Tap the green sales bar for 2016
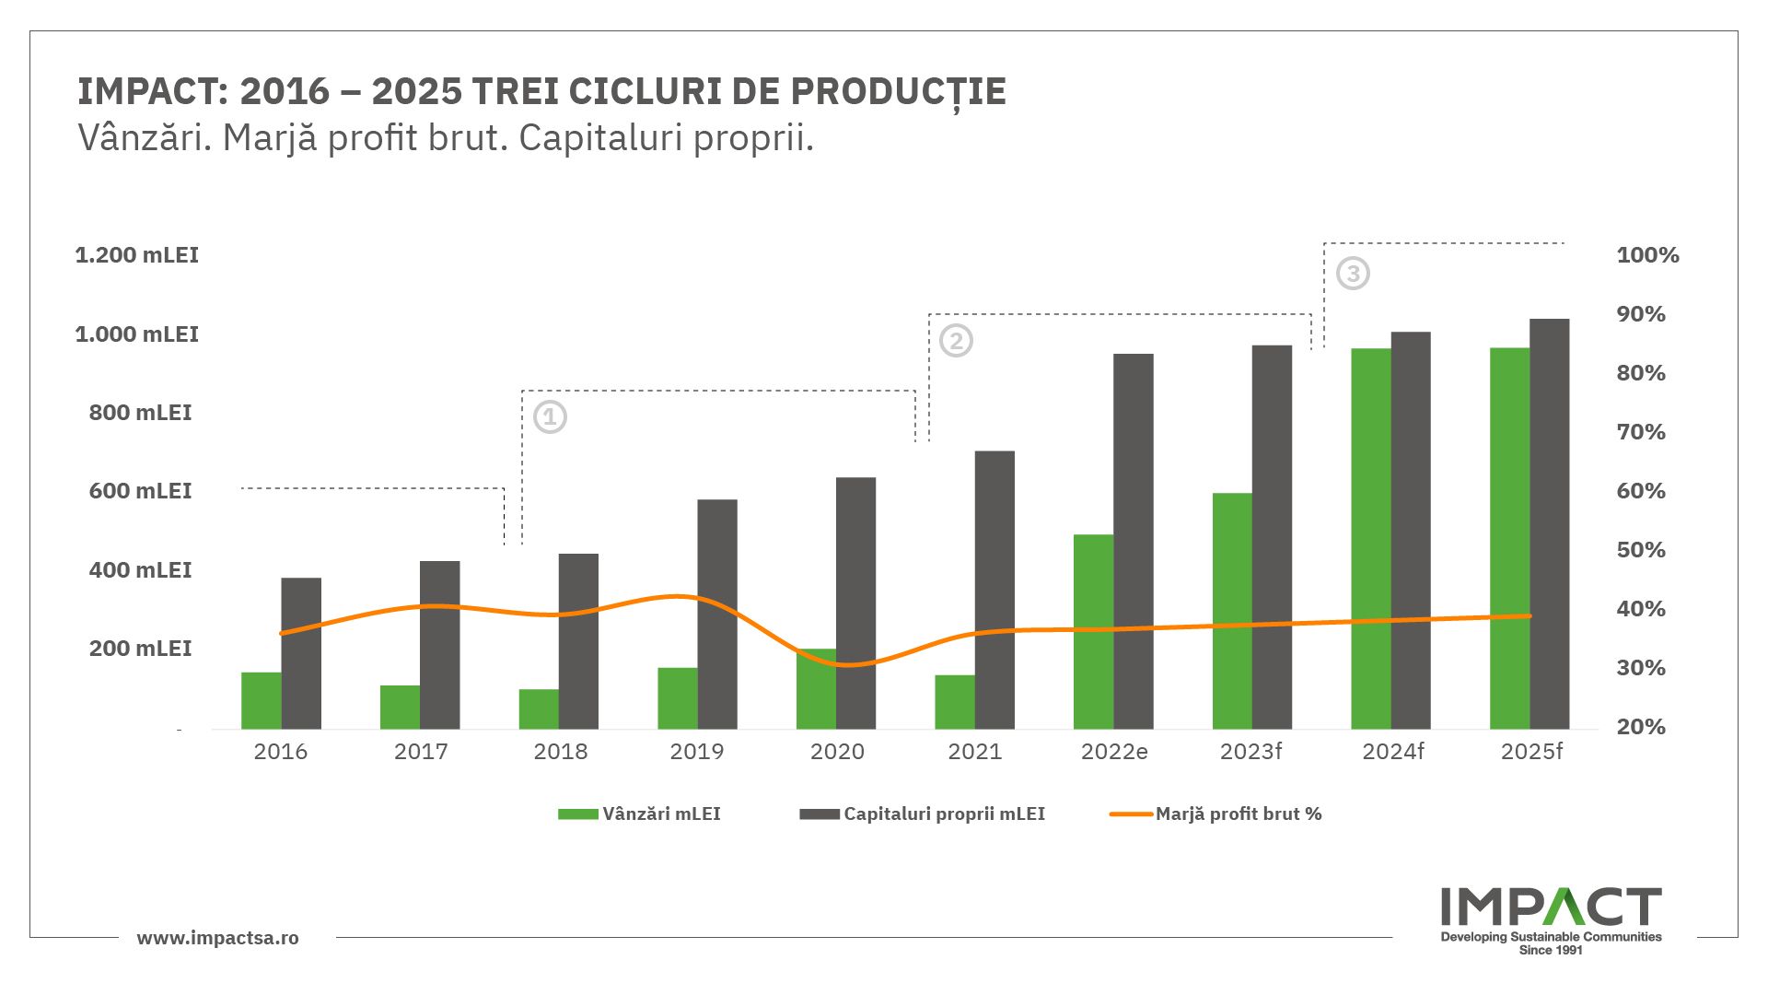point(262,701)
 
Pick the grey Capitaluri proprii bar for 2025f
point(1549,524)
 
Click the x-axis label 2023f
point(1250,752)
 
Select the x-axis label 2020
point(837,752)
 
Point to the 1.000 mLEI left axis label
point(136,334)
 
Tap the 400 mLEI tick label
point(140,570)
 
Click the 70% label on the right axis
point(1641,432)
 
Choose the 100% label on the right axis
point(1647,255)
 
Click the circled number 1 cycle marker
point(550,417)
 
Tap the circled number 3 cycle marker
point(1353,274)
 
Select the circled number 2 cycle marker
point(956,341)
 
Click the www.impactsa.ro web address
point(217,938)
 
